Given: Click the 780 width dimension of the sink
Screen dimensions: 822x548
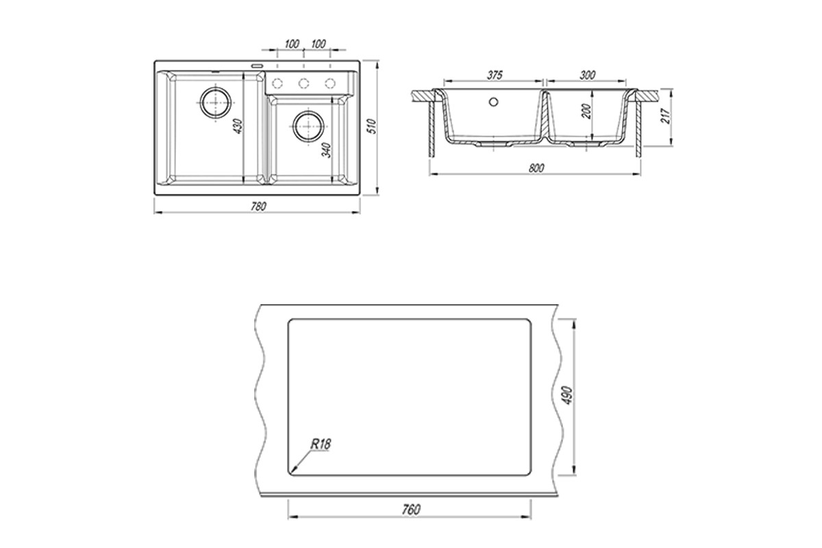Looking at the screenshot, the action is tap(258, 207).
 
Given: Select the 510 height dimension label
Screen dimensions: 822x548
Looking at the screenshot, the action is tap(373, 126).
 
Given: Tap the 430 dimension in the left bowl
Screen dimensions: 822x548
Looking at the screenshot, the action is tap(238, 126).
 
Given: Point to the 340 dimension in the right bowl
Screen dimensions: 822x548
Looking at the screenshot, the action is tap(326, 150).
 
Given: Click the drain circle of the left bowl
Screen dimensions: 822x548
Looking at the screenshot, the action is tap(216, 102).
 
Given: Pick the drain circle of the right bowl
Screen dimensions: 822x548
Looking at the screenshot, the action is tap(309, 126).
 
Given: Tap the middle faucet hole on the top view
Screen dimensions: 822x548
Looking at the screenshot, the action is tap(303, 84).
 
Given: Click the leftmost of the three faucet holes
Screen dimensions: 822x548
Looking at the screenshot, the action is tap(277, 84).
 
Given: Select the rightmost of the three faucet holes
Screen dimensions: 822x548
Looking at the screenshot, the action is tap(330, 84).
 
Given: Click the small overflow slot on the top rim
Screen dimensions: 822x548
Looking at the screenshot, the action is tap(257, 66).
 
